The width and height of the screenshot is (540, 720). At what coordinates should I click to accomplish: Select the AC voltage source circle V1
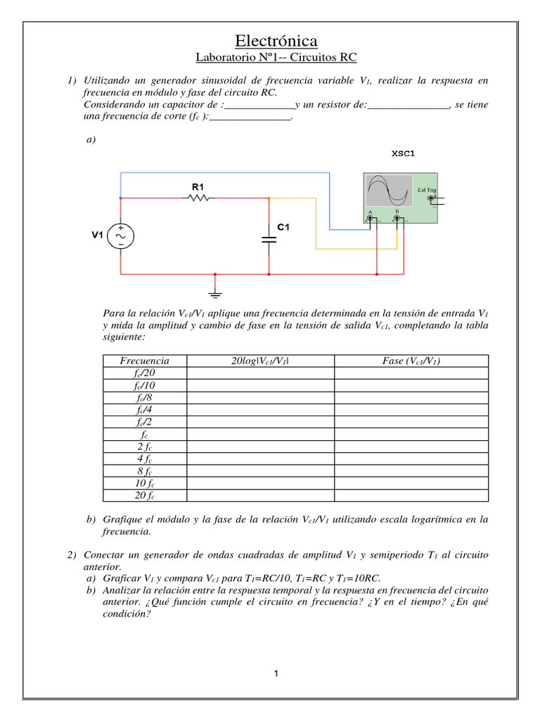click(120, 236)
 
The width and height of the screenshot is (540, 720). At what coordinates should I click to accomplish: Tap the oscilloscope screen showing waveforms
click(388, 190)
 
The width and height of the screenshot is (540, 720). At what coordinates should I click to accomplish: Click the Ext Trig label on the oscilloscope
click(427, 190)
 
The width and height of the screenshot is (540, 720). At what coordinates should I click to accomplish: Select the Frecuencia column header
click(145, 361)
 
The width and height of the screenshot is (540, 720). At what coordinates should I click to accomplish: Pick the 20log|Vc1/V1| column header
click(260, 361)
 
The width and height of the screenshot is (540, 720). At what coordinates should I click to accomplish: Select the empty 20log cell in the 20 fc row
click(260, 496)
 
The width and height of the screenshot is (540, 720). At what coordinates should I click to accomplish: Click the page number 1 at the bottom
click(277, 674)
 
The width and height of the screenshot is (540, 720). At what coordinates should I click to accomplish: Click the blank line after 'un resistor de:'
click(408, 105)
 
